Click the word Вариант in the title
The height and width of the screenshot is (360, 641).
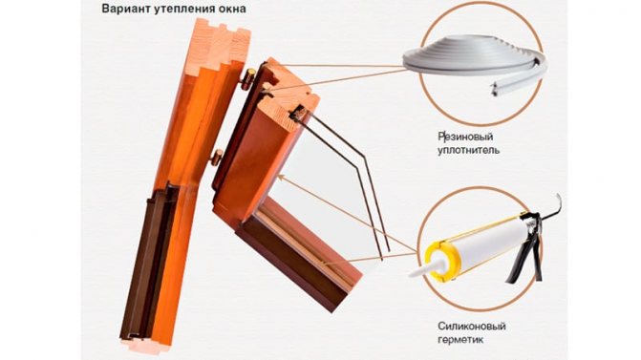coord(128,9)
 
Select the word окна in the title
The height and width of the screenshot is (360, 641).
coord(233,9)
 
